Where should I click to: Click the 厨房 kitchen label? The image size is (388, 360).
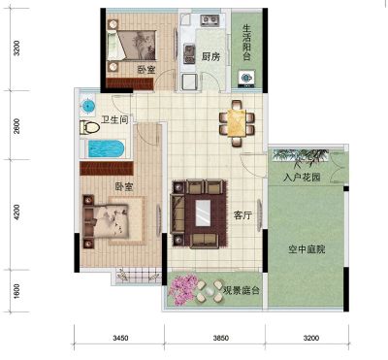click(x=210, y=57)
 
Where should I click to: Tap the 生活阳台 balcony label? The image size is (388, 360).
click(x=246, y=42)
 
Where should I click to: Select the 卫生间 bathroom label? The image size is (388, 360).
click(x=114, y=120)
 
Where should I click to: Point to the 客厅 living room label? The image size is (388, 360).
click(x=242, y=215)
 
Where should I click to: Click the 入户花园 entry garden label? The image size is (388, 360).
click(x=302, y=178)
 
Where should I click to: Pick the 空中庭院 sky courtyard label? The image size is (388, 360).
click(x=307, y=249)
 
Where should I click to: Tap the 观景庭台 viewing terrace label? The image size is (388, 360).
click(x=242, y=290)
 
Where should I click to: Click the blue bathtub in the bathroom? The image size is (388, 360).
click(x=107, y=148)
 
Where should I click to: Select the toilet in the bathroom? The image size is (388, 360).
click(x=89, y=127)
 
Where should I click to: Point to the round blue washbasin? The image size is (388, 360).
click(x=87, y=106)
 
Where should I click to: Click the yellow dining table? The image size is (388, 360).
click(x=237, y=123)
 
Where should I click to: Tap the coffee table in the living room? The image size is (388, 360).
click(x=203, y=213)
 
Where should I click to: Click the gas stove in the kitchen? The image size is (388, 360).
click(x=210, y=20)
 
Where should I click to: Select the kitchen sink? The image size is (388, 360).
click(x=189, y=53)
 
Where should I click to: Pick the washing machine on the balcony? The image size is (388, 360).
click(x=246, y=78)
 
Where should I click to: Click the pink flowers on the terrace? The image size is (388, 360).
click(x=182, y=289)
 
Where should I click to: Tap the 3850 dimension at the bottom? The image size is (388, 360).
click(x=221, y=338)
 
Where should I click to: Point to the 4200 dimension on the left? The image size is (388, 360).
click(x=16, y=213)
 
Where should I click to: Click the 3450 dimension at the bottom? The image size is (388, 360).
click(x=120, y=338)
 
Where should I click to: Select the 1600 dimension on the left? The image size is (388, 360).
click(x=16, y=291)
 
